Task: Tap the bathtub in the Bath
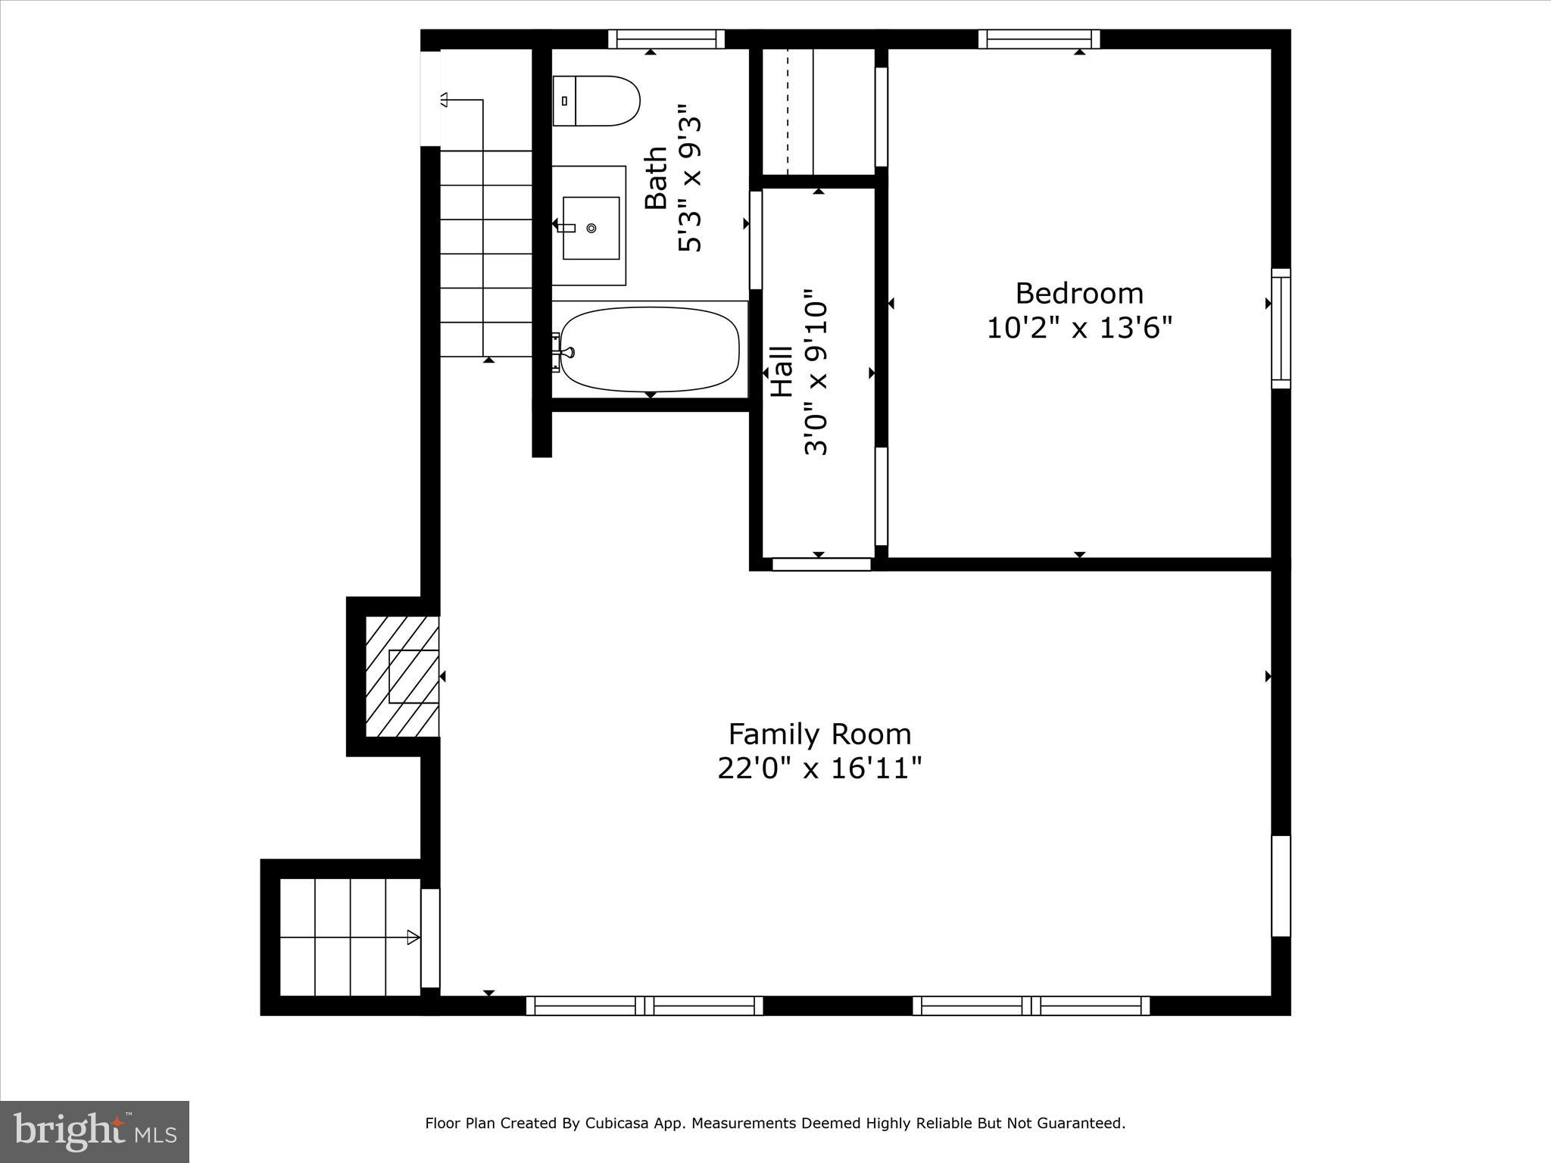pyautogui.click(x=650, y=348)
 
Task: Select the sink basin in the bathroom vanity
pyautogui.click(x=591, y=227)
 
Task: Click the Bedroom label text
pyautogui.click(x=1079, y=293)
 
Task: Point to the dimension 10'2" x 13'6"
pyautogui.click(x=1079, y=329)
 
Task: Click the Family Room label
pyautogui.click(x=819, y=734)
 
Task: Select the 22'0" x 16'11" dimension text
pyautogui.click(x=819, y=769)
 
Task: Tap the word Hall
pyautogui.click(x=782, y=372)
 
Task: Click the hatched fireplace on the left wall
pyautogui.click(x=402, y=676)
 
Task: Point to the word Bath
pyautogui.click(x=656, y=178)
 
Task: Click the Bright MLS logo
pyautogui.click(x=95, y=1131)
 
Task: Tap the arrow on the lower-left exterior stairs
pyautogui.click(x=413, y=937)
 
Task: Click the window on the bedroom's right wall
pyautogui.click(x=1280, y=328)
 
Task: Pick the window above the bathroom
pyautogui.click(x=666, y=39)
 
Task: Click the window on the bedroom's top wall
pyautogui.click(x=1039, y=39)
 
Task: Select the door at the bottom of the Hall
pyautogui.click(x=822, y=564)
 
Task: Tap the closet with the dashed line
pyautogui.click(x=818, y=111)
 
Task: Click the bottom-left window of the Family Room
pyautogui.click(x=644, y=1006)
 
